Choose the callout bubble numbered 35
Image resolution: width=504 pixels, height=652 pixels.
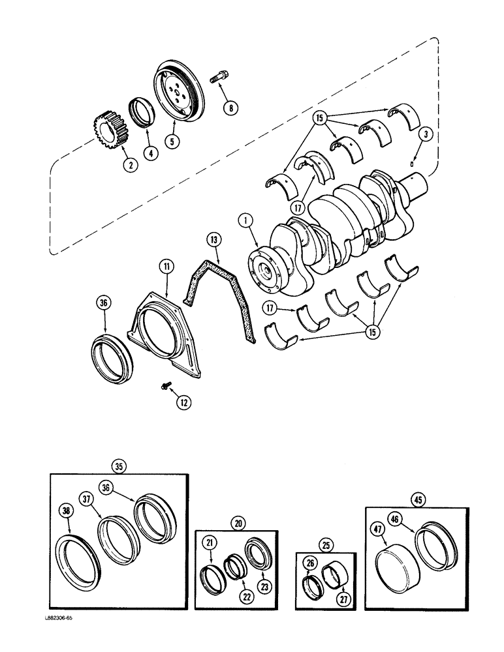[119, 466]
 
